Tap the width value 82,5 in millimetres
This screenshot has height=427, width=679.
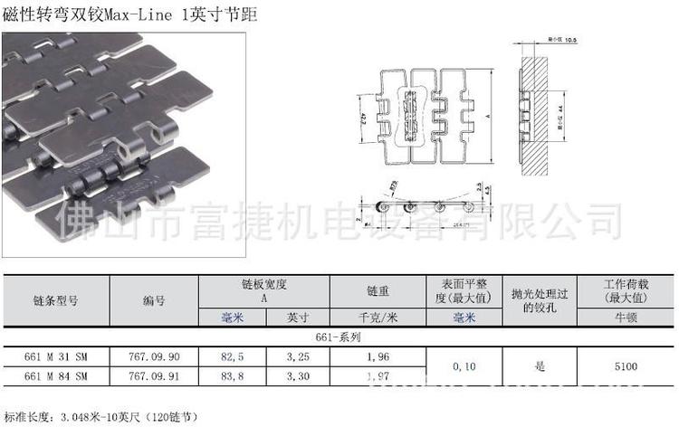[233, 357]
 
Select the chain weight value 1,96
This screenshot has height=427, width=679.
[378, 357]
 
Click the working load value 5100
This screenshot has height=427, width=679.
[626, 366]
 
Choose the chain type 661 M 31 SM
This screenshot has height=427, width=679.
[56, 357]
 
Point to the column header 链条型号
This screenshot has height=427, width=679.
[56, 299]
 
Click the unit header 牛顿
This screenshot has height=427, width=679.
[626, 318]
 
